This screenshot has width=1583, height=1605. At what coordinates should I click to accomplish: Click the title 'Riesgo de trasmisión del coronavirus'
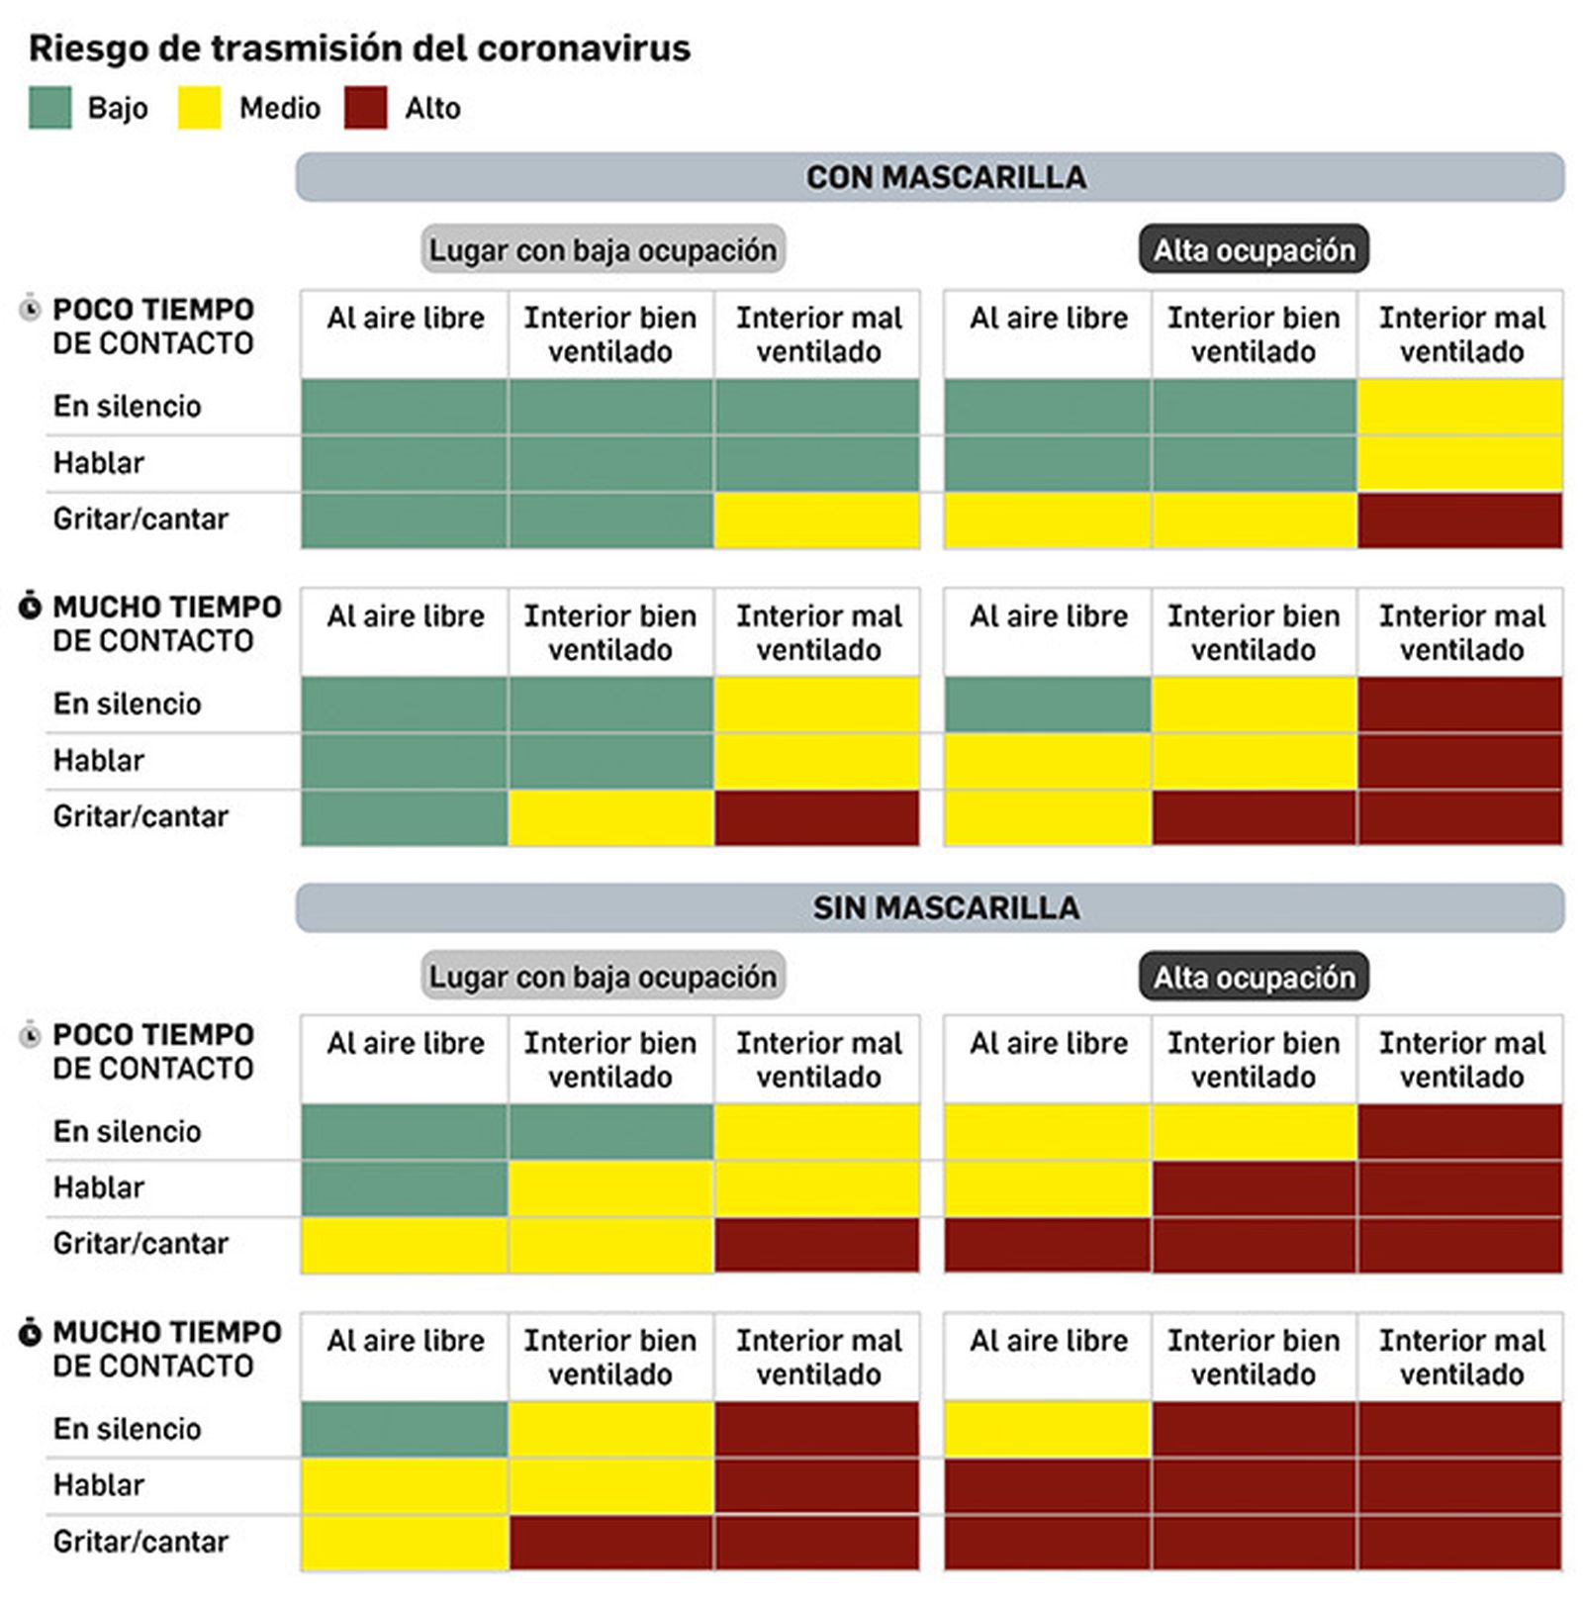359,47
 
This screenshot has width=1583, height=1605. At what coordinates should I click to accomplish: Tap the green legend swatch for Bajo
49,107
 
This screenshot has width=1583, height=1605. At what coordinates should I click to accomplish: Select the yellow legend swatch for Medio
199,107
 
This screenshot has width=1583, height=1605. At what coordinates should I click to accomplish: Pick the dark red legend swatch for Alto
365,107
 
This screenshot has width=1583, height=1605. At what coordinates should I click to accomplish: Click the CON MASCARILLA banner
930,177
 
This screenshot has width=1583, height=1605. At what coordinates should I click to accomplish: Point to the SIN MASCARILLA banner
930,907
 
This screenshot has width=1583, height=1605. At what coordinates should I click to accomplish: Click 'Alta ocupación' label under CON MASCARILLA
1254,249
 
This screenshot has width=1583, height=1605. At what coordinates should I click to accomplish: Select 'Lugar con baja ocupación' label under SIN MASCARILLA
603,976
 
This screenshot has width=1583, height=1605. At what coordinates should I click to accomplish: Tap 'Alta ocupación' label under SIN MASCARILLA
1254,976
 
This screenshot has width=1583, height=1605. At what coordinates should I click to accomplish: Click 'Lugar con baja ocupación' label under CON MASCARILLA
603,249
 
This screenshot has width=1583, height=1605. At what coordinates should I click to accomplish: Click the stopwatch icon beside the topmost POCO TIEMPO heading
31,309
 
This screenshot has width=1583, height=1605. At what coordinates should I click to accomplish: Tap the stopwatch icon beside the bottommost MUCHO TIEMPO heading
31,1332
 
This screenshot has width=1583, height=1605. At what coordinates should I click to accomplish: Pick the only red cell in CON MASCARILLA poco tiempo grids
1459,519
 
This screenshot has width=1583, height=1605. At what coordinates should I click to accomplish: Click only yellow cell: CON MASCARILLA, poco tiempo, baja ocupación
816,519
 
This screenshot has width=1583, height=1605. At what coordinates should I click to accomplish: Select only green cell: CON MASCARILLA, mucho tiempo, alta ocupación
1047,704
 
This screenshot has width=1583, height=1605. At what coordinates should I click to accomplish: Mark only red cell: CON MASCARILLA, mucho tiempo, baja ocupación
816,817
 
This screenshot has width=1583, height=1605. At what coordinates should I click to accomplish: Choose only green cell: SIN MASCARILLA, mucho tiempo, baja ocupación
405,1429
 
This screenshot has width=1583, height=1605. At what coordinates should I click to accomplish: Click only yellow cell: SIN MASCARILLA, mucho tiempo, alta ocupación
1047,1429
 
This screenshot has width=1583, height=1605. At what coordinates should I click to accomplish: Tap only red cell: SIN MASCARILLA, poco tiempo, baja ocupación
816,1245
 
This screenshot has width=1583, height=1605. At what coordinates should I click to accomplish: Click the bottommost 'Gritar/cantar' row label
140,1542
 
